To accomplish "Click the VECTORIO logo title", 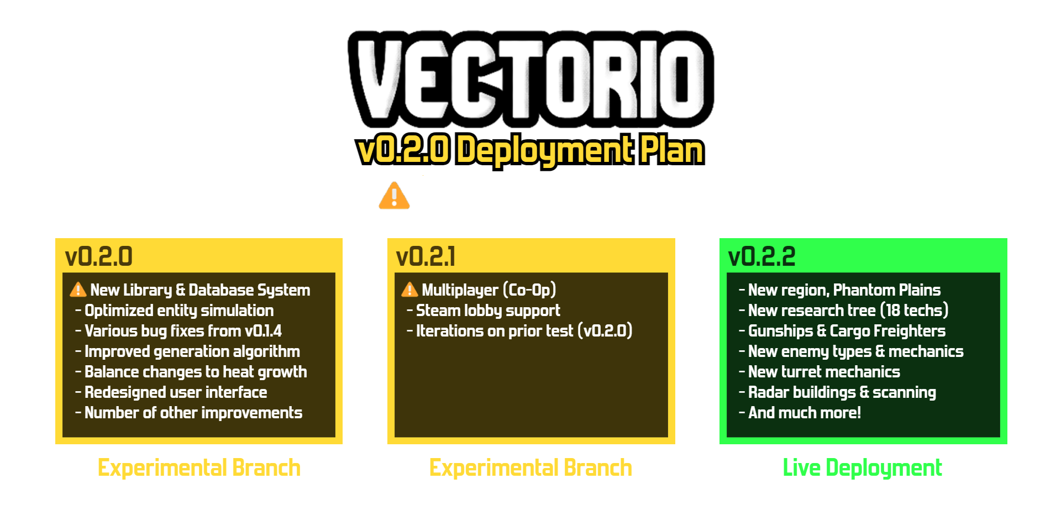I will (x=530, y=79).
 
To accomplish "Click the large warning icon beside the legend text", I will (x=394, y=196).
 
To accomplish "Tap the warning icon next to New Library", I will (x=78, y=290).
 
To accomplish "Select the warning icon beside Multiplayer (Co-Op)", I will (x=409, y=290).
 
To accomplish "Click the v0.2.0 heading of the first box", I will (x=99, y=257).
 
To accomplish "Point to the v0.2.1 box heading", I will (x=426, y=257).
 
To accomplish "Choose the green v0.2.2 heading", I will (x=761, y=257).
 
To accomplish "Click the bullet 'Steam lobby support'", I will (x=488, y=311).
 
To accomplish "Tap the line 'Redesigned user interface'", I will (x=176, y=392).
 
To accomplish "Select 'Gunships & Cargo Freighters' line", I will (x=847, y=331).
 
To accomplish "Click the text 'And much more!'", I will (x=805, y=413).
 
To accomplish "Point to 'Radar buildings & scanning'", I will (x=842, y=392).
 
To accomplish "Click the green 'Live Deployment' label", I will (x=862, y=468).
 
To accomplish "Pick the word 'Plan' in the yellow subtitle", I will (x=671, y=150).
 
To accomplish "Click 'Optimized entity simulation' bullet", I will (x=179, y=311).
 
